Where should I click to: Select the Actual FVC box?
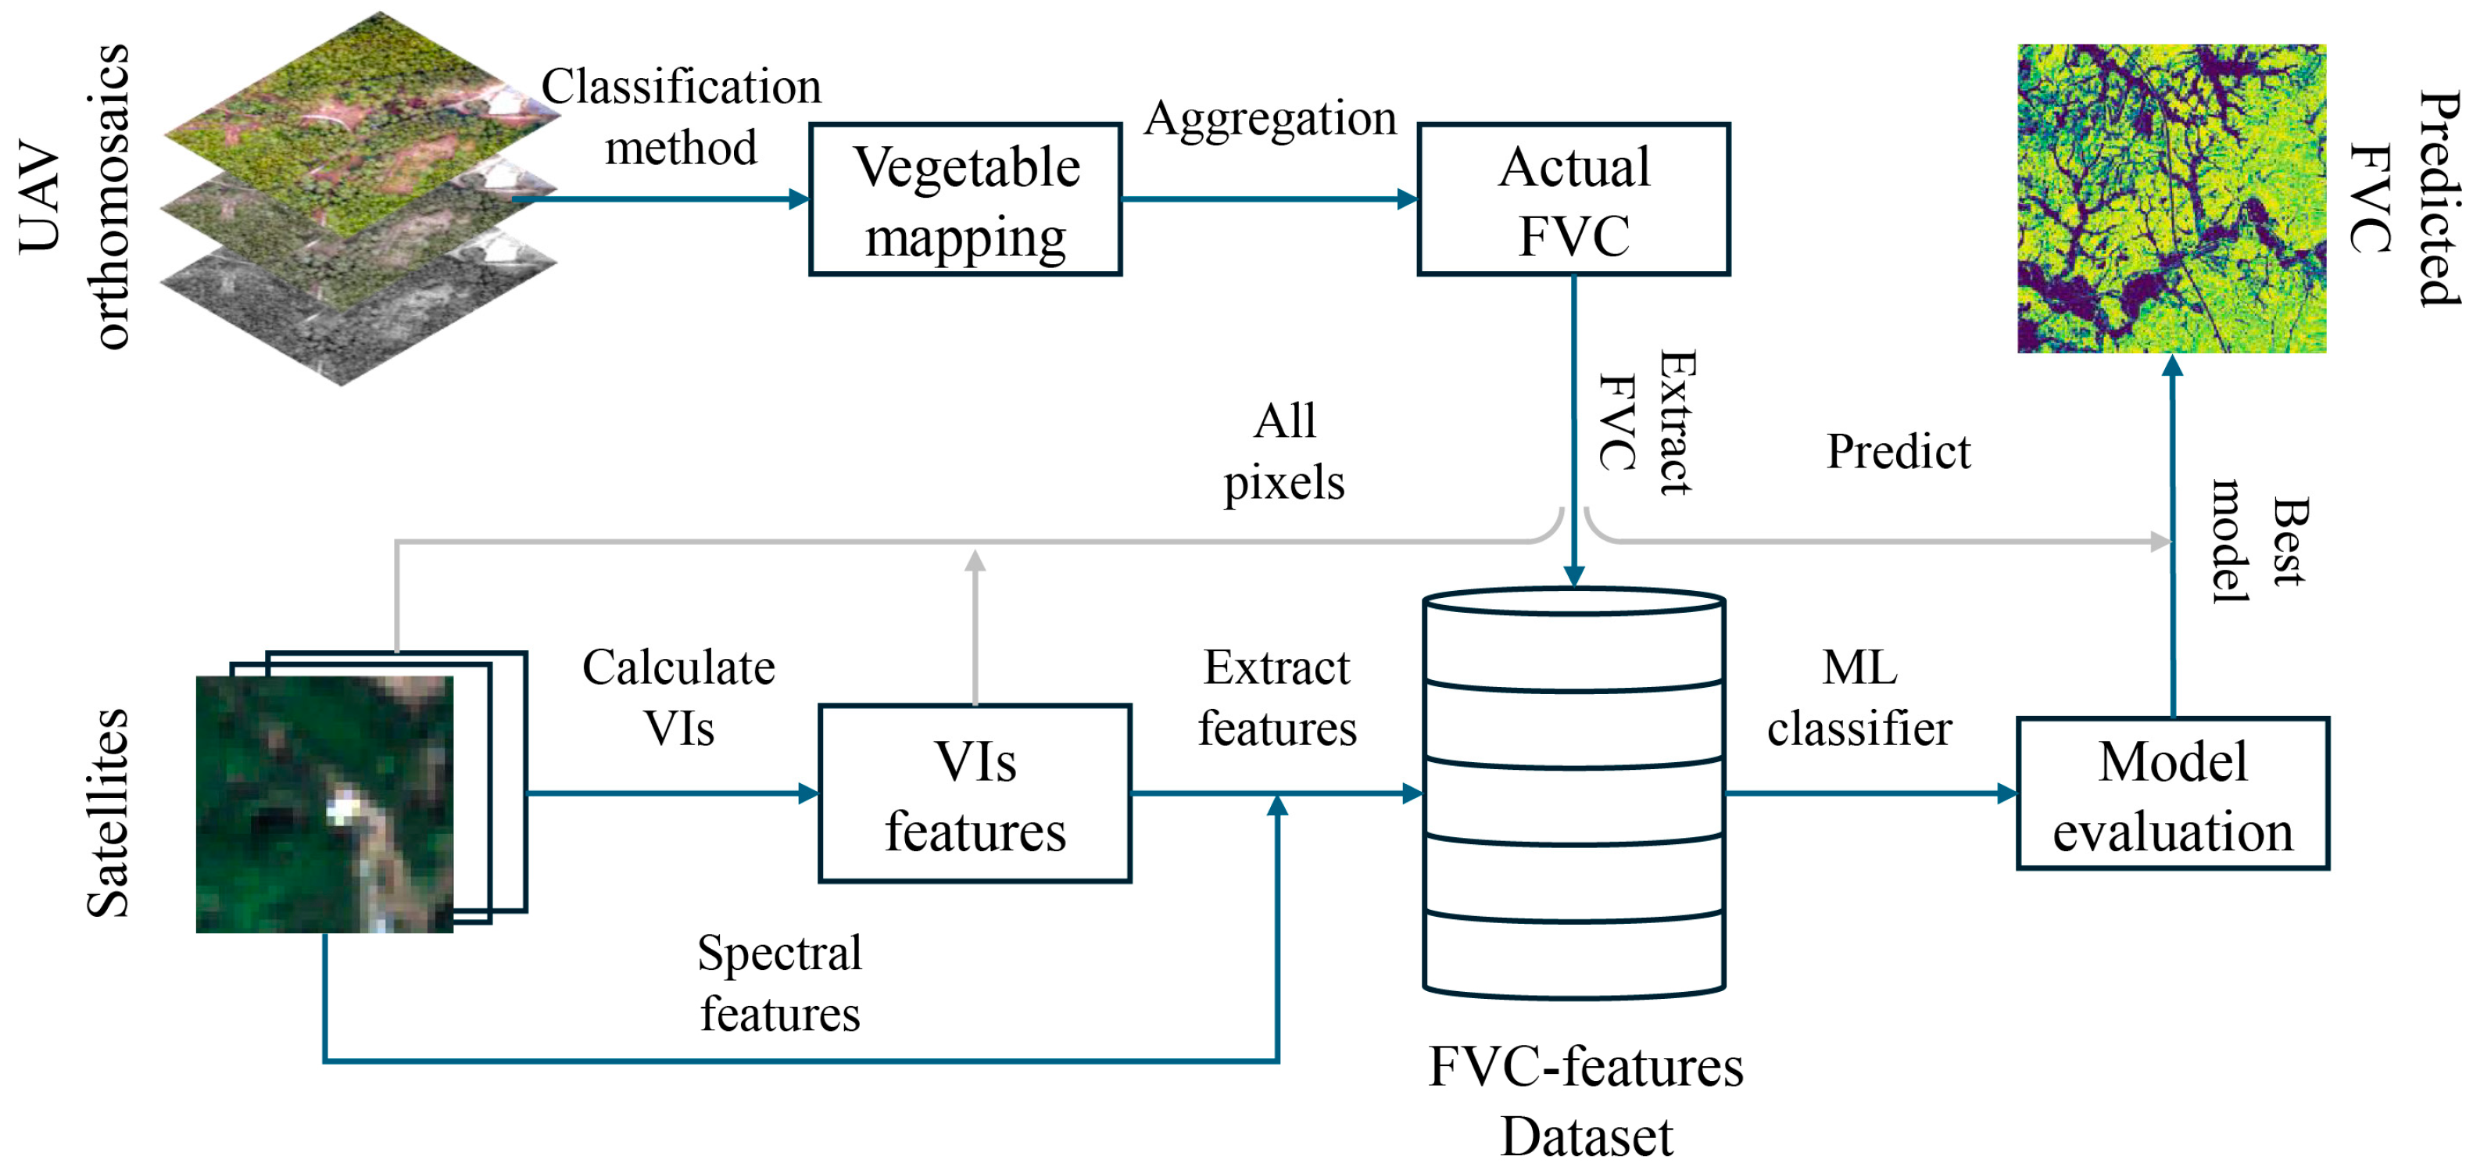coord(1573,199)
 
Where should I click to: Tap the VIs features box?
coord(975,794)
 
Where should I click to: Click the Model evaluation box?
coord(2173,794)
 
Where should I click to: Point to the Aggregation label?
coord(1269,119)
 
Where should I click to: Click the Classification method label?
coord(681,116)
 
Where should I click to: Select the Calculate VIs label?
coord(678,697)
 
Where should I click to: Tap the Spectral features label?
coord(778,983)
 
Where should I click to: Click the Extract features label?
coord(1277,697)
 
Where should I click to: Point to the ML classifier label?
coord(1859,697)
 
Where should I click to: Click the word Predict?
coord(1897,451)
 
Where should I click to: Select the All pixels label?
coord(1283,451)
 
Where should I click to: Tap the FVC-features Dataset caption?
coord(1585,1101)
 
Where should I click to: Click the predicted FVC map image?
coord(2171,199)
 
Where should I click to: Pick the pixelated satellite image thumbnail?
coord(324,804)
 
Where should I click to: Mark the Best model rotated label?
coord(2258,542)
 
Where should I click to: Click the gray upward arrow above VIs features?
coord(975,624)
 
